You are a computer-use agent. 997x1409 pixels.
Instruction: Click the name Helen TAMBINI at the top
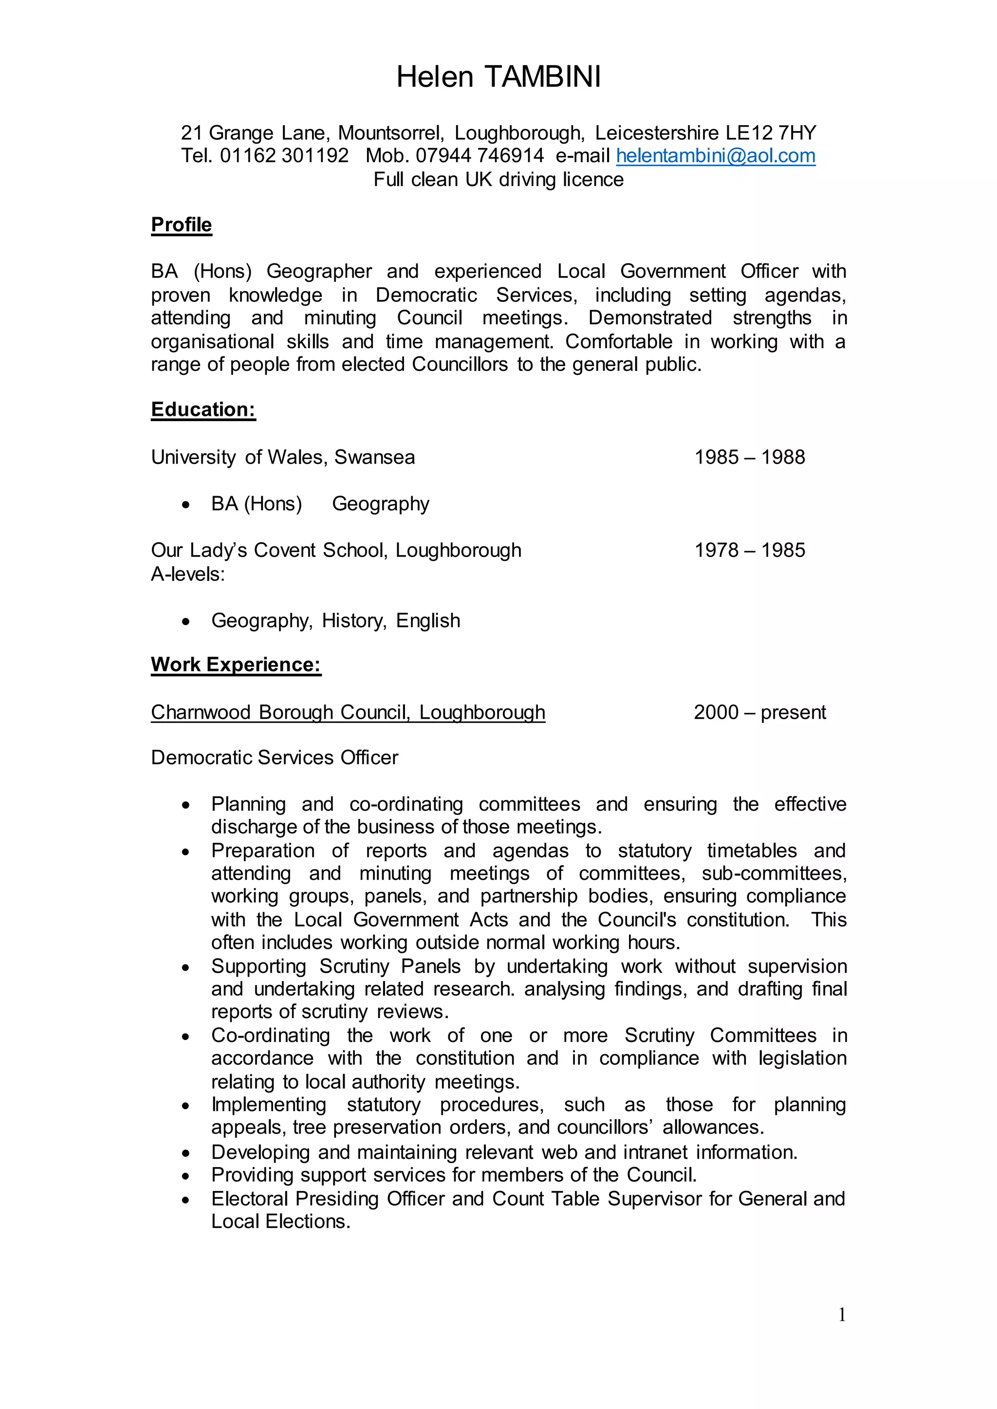click(498, 77)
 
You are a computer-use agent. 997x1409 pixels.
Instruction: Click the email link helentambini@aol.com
click(715, 156)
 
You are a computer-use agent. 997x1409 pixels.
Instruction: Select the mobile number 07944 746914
click(480, 156)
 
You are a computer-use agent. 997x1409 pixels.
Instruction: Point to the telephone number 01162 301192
click(284, 156)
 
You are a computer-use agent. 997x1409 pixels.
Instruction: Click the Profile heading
click(181, 225)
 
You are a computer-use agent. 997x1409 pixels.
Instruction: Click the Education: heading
click(203, 409)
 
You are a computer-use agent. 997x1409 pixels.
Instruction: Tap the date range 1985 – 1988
click(749, 457)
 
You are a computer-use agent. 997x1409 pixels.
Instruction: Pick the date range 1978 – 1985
click(749, 550)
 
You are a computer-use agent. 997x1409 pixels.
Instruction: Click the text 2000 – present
click(759, 712)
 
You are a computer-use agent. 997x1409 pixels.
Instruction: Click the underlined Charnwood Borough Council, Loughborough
click(348, 712)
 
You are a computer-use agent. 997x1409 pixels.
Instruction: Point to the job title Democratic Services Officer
click(275, 758)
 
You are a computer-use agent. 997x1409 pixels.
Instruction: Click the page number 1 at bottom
click(842, 1315)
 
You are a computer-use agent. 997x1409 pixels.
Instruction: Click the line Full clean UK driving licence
click(498, 179)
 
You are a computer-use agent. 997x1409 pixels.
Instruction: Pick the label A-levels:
click(188, 574)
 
